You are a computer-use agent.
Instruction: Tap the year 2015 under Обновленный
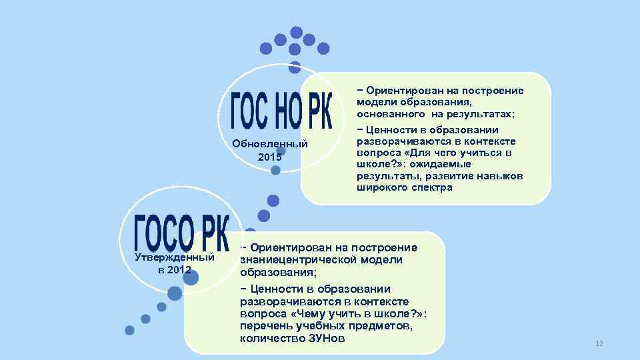coord(270,157)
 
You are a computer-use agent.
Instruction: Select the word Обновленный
coord(270,144)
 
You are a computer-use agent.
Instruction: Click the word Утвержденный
coord(175,257)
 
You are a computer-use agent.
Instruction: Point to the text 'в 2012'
coord(175,270)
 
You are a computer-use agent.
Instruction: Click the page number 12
coord(599,343)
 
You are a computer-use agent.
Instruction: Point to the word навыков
coord(500,176)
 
